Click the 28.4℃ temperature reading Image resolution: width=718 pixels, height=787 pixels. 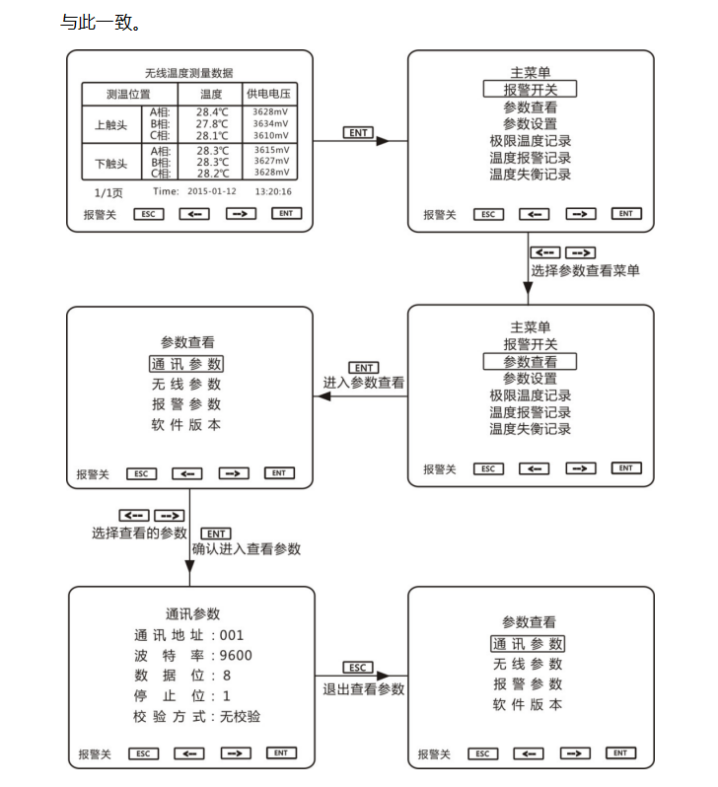click(x=212, y=111)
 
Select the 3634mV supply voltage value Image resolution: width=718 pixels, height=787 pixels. click(x=270, y=123)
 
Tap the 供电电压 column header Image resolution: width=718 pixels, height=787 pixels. click(x=268, y=94)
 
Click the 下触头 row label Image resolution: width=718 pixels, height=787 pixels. click(x=111, y=164)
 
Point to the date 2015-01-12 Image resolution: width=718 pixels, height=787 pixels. click(x=211, y=191)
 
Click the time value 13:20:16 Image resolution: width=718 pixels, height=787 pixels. click(x=273, y=191)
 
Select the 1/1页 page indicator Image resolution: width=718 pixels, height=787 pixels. click(x=108, y=192)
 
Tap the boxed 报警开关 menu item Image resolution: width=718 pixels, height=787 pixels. click(x=530, y=90)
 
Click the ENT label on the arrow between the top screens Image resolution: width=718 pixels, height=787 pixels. click(x=358, y=132)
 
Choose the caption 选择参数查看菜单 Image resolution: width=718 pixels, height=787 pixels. click(x=585, y=270)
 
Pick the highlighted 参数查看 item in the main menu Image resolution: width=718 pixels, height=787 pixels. click(x=530, y=361)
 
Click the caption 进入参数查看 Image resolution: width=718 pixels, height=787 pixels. click(x=364, y=383)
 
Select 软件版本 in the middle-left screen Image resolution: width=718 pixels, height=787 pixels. click(x=185, y=425)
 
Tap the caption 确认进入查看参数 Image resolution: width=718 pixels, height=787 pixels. click(x=246, y=548)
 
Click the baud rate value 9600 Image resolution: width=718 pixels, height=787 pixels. click(x=236, y=656)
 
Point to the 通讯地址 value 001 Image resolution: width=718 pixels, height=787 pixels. click(x=232, y=635)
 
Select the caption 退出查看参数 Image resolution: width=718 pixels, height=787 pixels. click(x=364, y=689)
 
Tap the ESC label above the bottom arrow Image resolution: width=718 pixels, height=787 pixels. click(x=358, y=667)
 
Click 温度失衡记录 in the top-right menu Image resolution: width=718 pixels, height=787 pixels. click(x=531, y=175)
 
